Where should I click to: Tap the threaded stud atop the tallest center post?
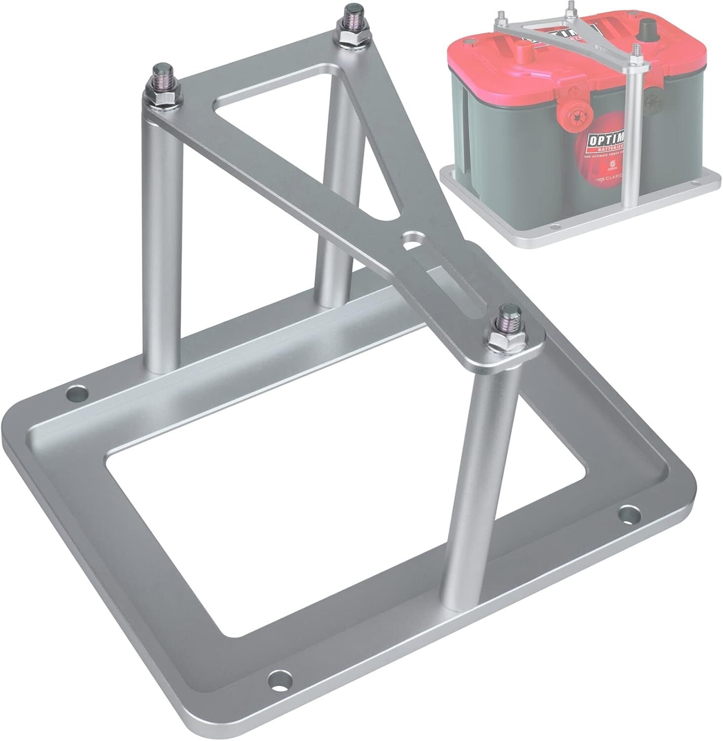(x=352, y=17)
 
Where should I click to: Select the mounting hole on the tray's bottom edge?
(x=278, y=689)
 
